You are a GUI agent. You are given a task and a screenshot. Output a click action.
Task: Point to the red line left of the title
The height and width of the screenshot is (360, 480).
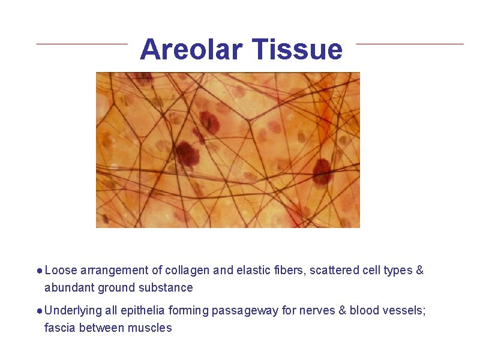point(82,43)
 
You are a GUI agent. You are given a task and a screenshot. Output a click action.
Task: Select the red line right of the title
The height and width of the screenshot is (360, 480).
point(410,43)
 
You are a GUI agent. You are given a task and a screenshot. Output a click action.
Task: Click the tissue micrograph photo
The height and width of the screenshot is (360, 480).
point(228,150)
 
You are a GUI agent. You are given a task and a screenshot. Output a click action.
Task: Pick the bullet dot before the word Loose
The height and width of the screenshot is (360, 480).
point(39,271)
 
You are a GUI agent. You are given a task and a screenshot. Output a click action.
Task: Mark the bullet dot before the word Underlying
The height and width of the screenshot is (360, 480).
point(39,311)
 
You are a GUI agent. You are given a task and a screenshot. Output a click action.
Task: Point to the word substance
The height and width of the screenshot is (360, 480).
point(169,288)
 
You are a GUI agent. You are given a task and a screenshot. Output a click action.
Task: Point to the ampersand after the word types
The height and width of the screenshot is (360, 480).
point(419,271)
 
